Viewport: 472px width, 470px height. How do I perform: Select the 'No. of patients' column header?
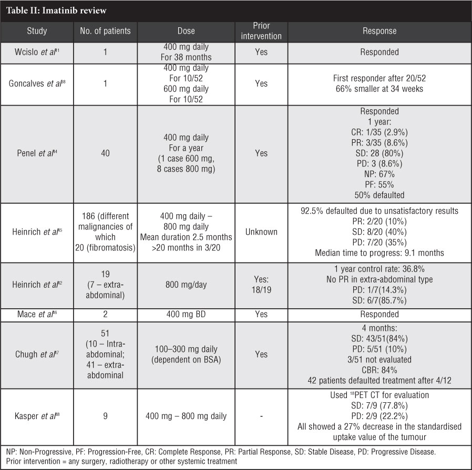pyautogui.click(x=105, y=31)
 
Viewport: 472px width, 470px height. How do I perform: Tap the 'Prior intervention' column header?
pyautogui.click(x=261, y=31)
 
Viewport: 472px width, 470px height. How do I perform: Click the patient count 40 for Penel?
pyautogui.click(x=105, y=153)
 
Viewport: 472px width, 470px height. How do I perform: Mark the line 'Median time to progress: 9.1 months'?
pyautogui.click(x=379, y=253)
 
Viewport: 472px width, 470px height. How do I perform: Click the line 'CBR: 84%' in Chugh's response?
pyautogui.click(x=379, y=369)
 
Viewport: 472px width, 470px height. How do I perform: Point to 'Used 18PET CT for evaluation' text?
pyautogui.click(x=379, y=395)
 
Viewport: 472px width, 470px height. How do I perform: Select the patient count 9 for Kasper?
pyautogui.click(x=105, y=416)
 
